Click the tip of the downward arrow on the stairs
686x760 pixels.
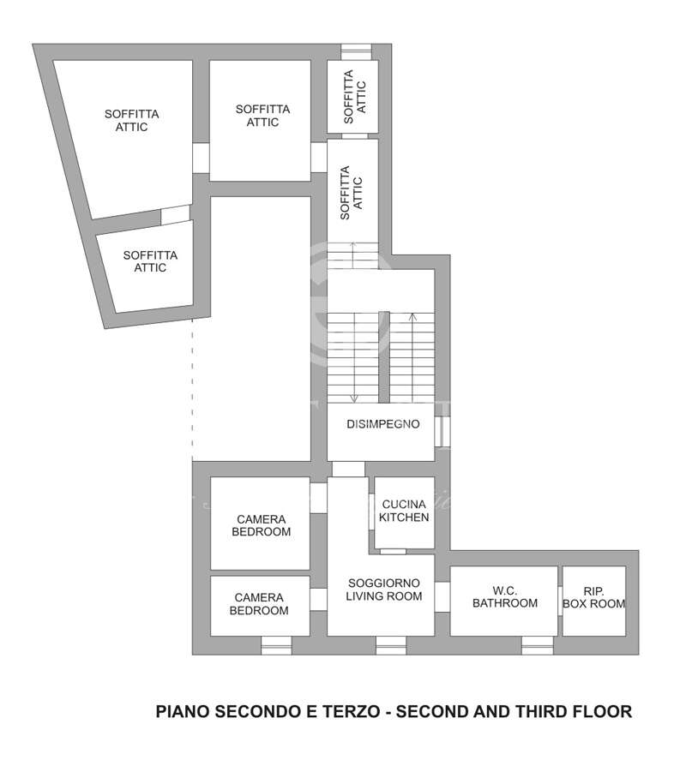354,403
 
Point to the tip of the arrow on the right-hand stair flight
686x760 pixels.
412,314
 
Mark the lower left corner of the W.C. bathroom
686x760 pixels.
450,636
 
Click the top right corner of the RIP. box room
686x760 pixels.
626,566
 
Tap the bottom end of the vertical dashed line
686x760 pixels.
193,458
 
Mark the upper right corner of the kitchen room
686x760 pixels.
434,477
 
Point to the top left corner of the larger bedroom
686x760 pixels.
211,477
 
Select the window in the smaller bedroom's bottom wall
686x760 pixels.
276,645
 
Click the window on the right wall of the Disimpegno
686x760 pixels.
442,431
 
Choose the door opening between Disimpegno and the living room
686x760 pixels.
348,470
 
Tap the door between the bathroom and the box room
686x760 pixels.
560,601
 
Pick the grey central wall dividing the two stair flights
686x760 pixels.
384,356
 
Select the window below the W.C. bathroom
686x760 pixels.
537,645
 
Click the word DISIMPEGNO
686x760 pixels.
382,424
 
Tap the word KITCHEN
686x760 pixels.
404,518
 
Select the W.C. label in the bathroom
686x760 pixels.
504,591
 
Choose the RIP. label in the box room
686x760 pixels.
594,591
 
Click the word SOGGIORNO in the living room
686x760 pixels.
384,583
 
